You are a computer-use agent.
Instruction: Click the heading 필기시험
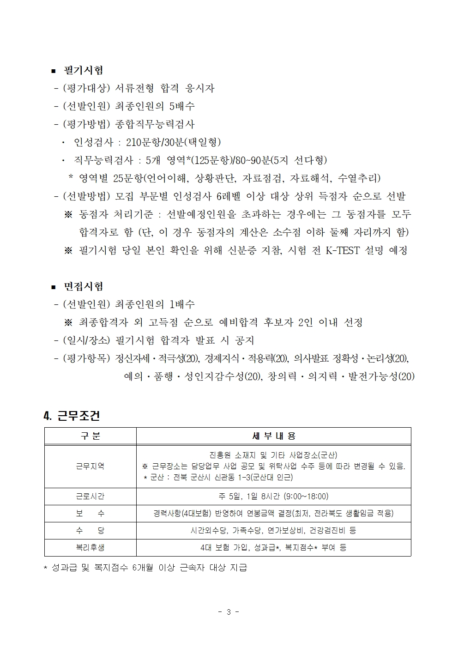click(x=83, y=70)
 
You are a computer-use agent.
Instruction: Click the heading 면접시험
click(x=83, y=286)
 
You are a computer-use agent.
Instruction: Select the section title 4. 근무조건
click(x=72, y=416)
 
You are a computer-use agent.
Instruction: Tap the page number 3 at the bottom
click(x=229, y=612)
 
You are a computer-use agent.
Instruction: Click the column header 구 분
click(x=90, y=436)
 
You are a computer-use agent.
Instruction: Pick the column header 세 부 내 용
click(x=273, y=436)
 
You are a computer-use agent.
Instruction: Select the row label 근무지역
click(x=90, y=466)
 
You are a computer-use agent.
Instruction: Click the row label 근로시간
click(x=90, y=497)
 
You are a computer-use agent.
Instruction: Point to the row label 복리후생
click(x=90, y=548)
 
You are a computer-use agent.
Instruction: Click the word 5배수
click(x=182, y=106)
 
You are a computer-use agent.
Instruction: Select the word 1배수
click(x=182, y=304)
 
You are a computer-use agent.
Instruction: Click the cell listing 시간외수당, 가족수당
click(x=273, y=531)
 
